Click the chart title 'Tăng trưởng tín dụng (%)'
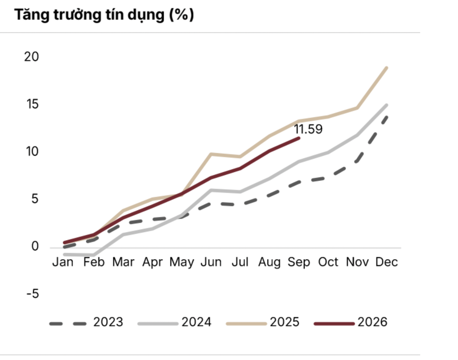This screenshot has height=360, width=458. pos(104,15)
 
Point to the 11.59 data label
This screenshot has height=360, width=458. pos(308,129)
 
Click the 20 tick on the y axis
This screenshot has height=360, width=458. pos(32,57)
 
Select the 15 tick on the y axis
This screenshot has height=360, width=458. pos(32,104)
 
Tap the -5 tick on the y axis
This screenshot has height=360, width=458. pos(33,294)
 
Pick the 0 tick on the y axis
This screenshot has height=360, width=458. pos(35,246)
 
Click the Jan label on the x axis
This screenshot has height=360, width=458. pos(63,262)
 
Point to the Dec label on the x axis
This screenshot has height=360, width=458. pos(387,262)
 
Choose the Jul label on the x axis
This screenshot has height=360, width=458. pos(240,262)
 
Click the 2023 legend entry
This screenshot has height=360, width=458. pos(86,322)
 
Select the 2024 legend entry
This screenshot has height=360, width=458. pos(174,322)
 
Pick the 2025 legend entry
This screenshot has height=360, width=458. pos(263,322)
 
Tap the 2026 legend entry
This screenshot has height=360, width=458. pos(350,322)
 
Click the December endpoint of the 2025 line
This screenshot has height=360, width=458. pos(387,68)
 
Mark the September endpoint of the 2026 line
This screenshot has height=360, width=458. pos(299,138)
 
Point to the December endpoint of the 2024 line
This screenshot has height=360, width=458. pos(387,105)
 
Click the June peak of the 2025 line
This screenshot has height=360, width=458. pos(211,154)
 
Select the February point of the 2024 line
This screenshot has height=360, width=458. pos(94,255)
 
